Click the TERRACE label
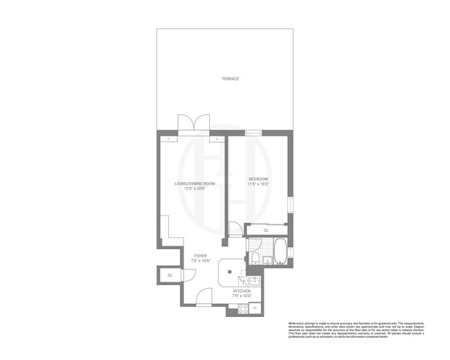click(230, 79)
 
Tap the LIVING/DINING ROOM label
click(194, 183)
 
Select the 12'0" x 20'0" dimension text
click(194, 188)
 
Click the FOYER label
click(201, 255)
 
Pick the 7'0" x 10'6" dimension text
click(201, 261)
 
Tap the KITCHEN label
click(242, 291)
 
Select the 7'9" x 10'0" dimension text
click(242, 296)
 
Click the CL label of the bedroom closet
click(267, 229)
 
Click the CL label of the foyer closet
click(170, 276)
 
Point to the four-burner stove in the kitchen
click(243, 309)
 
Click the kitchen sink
click(254, 280)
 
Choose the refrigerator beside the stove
click(255, 308)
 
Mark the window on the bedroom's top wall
click(253, 130)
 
